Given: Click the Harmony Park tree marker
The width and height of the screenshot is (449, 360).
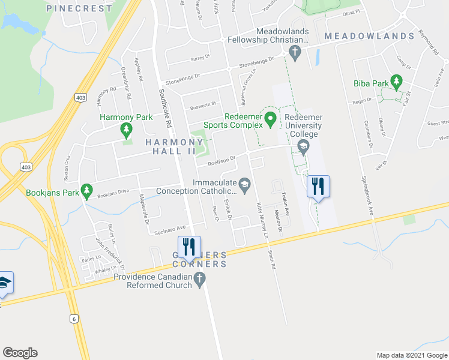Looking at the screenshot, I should (x=126, y=129).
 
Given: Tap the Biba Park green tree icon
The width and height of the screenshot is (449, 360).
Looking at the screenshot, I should (x=396, y=81).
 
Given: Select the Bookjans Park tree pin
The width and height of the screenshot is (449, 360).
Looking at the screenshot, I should (x=86, y=190).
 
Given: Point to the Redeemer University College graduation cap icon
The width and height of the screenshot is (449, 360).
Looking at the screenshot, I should (x=303, y=147).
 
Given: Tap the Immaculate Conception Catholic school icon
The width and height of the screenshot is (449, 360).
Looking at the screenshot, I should (x=244, y=184).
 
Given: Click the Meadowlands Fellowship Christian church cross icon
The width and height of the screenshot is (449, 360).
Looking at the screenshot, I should (x=294, y=52).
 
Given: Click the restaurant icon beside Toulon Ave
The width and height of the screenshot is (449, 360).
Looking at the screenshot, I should (x=318, y=186).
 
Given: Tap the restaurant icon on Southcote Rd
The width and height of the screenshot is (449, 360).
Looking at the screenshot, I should (x=189, y=247).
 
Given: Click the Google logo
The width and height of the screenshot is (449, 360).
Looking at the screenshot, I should (x=20, y=353).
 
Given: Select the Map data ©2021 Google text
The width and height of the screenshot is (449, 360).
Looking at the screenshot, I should (x=411, y=355).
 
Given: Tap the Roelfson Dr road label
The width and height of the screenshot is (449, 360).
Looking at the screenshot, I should (x=220, y=160).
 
